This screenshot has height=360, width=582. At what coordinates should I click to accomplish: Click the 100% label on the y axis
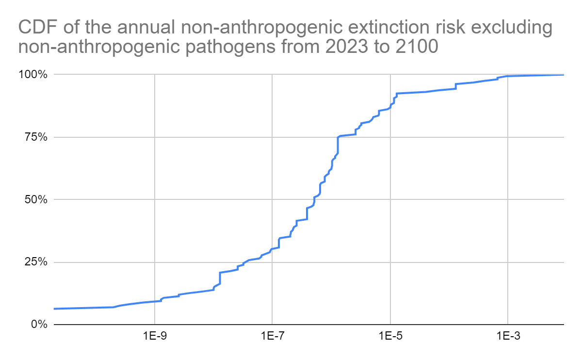pos(33,75)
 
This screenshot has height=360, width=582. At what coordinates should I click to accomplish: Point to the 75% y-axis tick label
pos(36,137)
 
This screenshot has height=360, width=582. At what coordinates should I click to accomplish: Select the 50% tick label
pos(36,199)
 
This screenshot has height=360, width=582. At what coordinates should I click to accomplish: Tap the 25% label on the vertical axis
pos(36,262)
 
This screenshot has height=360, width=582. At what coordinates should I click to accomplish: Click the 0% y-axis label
pos(39,325)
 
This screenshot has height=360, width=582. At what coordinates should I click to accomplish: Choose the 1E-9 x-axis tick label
pos(155,336)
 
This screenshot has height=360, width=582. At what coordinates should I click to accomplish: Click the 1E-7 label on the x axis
pos(273,336)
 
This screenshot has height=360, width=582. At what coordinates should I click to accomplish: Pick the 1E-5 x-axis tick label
pos(390,336)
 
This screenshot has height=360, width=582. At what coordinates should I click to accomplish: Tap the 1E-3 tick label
pos(508,336)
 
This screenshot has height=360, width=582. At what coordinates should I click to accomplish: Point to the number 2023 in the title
pos(347,47)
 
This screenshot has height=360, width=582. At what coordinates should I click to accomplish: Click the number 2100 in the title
pos(417,47)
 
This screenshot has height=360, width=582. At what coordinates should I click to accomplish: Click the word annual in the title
pos(146,27)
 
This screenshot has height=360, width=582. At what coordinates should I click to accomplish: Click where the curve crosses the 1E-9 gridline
pos(155,301)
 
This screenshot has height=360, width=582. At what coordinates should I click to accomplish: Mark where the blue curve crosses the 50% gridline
pos(315,199)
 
